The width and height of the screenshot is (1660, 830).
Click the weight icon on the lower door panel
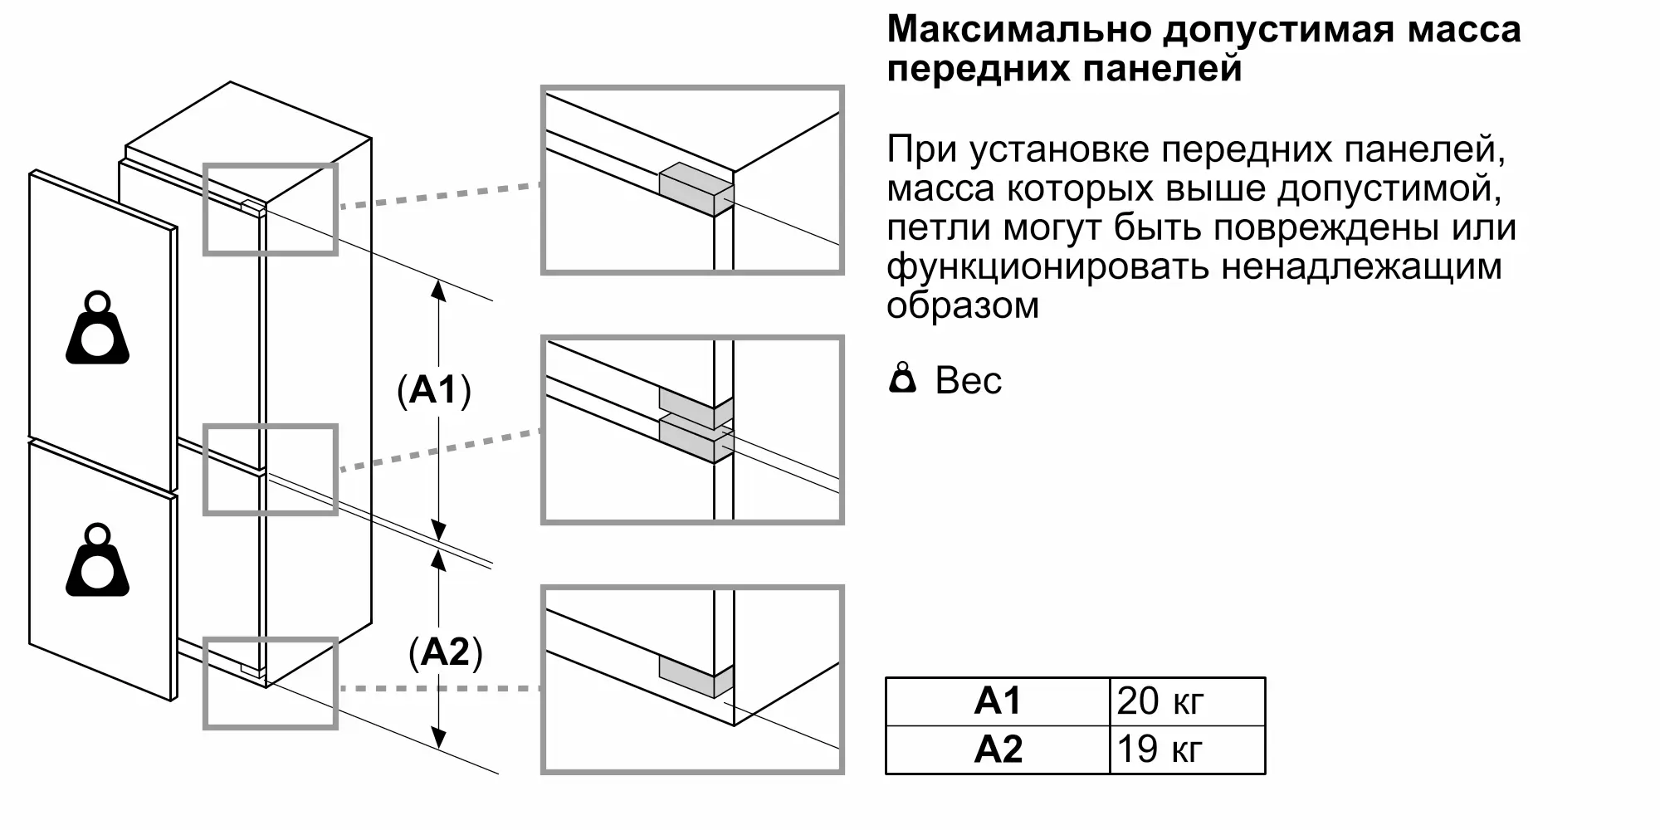point(98,561)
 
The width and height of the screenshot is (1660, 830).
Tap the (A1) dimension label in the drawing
point(434,390)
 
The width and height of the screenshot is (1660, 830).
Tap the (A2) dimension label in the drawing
point(446,652)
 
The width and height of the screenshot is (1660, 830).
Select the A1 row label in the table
point(998,702)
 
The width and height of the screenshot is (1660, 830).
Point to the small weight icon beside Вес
point(902,379)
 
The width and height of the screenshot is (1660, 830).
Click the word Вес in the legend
point(969,381)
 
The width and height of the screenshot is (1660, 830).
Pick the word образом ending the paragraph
point(963,305)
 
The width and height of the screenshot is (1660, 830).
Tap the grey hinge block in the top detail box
point(696,189)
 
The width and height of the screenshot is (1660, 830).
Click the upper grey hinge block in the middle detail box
point(696,401)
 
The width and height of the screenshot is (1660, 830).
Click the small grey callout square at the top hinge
point(271,209)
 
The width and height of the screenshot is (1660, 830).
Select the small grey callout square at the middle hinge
point(271,470)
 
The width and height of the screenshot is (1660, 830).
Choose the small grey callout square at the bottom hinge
point(271,684)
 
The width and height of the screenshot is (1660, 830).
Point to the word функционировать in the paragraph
point(1047,267)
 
